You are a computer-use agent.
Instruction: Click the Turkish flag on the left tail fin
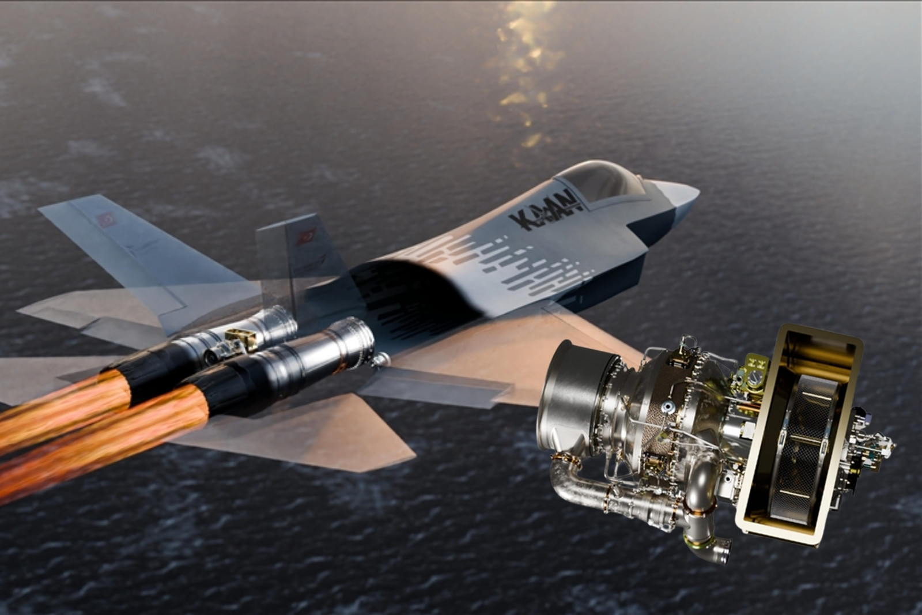point(107,220)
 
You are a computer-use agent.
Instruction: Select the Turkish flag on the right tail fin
point(306,237)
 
